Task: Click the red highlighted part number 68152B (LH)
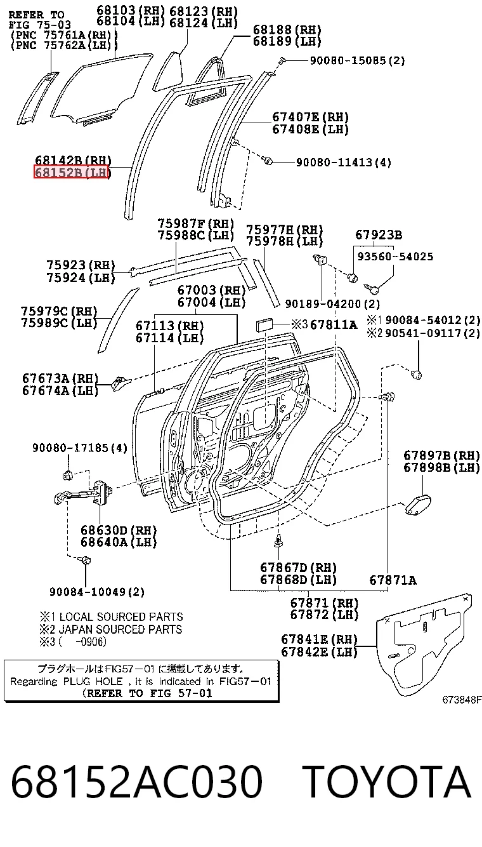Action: pos(72,172)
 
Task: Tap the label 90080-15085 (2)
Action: pos(357,60)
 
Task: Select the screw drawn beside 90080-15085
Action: pos(282,60)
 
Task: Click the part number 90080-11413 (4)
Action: pos(343,163)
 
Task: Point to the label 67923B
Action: pos(379,235)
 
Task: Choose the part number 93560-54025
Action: pos(395,257)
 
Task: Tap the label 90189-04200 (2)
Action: pos(332,303)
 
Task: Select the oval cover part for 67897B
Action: pos(418,505)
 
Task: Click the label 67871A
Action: pos(393,580)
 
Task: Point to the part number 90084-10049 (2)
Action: pos(96,592)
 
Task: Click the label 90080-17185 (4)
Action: pos(79,448)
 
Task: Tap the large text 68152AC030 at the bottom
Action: pos(136,781)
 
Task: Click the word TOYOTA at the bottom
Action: pos(387,781)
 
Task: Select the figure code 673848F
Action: pos(462,700)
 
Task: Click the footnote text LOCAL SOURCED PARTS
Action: pos(121,617)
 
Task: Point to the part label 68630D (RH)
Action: pos(119,530)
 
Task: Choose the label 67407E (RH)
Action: pos(310,117)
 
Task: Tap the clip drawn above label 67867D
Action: pos(278,541)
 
